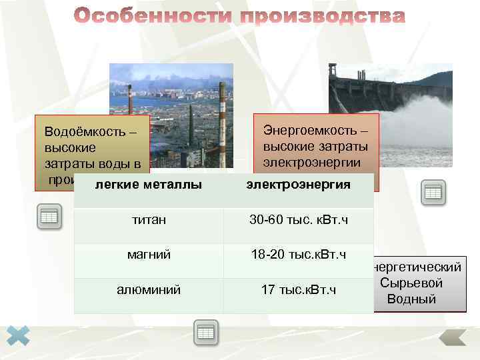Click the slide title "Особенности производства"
click(x=239, y=17)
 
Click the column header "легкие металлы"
click(x=148, y=184)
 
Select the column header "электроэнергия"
click(x=298, y=184)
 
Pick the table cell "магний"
click(x=148, y=255)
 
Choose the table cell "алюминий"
click(x=148, y=289)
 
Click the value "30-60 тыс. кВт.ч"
click(x=298, y=219)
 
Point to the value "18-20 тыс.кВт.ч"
click(x=298, y=255)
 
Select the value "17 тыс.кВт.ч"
click(x=298, y=289)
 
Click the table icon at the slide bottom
click(x=206, y=332)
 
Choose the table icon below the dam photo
click(x=433, y=192)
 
